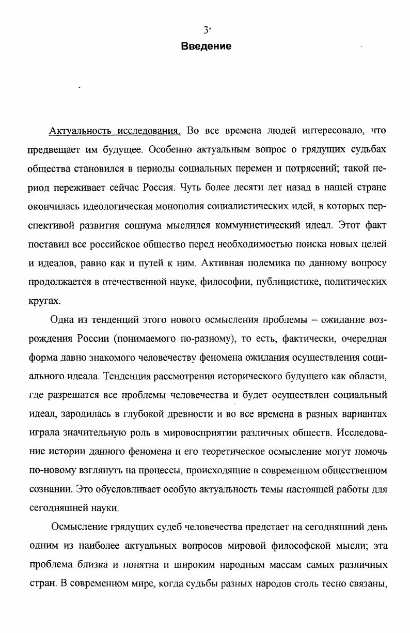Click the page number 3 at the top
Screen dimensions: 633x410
click(205, 30)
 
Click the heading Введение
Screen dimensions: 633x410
click(206, 47)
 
